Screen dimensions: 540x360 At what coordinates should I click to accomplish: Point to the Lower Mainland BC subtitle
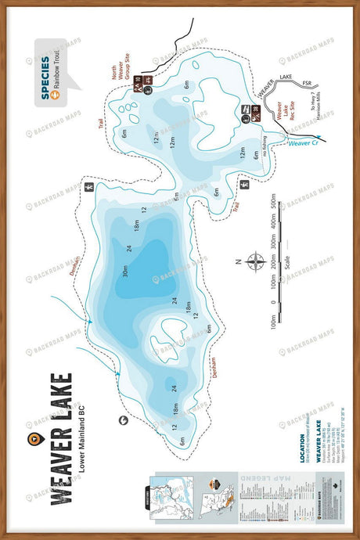pyautogui.click(x=81, y=440)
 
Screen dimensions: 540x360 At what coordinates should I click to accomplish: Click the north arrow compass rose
pyautogui.click(x=256, y=261)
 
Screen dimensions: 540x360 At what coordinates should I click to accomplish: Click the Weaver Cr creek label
pyautogui.click(x=302, y=142)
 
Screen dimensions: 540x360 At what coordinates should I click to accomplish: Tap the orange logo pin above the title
pyautogui.click(x=31, y=440)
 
